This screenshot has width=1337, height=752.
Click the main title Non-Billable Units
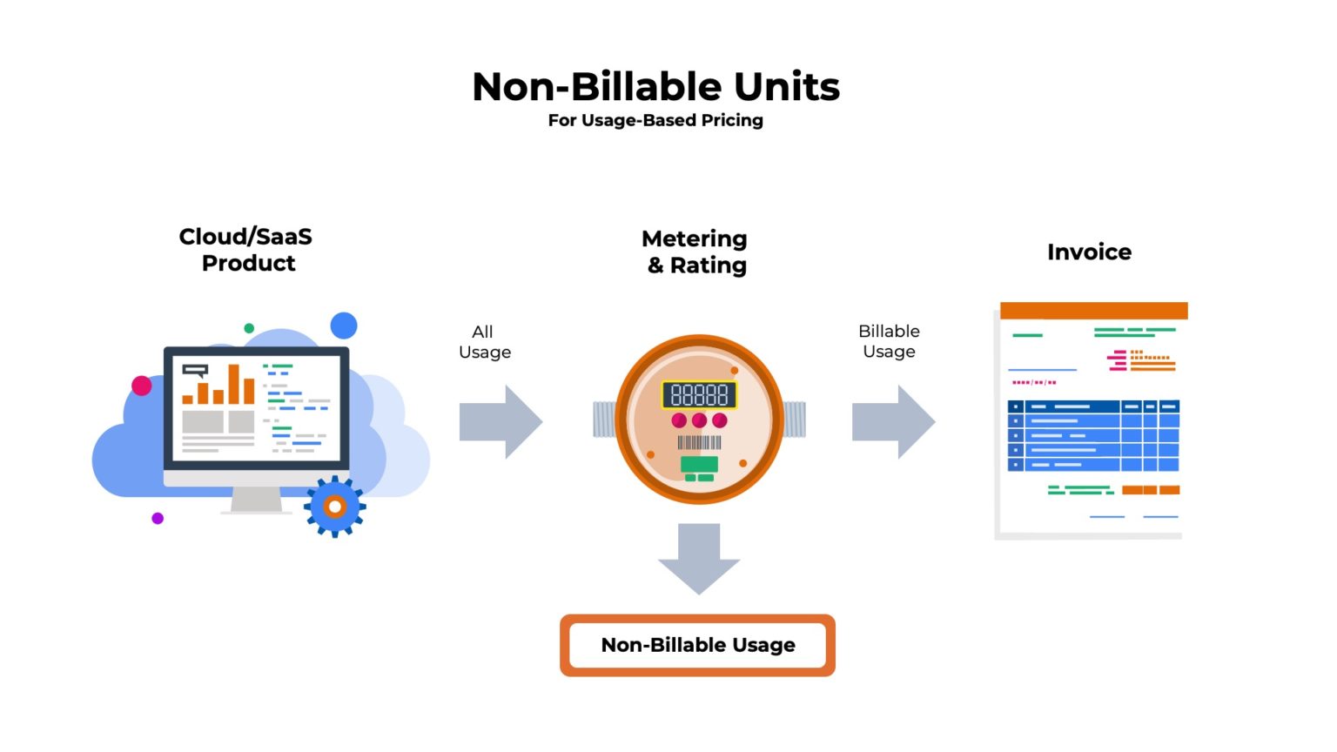coord(655,87)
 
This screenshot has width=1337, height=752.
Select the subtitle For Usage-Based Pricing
coord(655,120)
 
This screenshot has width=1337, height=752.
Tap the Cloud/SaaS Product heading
coord(246,250)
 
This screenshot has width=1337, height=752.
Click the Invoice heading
coord(1089,252)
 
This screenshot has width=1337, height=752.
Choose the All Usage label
coord(484,342)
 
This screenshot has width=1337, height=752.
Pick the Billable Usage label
coord(889,341)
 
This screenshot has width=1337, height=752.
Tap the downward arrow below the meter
coord(699,558)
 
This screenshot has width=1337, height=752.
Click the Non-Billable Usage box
coord(697,645)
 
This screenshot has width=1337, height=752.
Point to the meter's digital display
coord(699,395)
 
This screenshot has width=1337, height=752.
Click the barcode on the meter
coord(699,442)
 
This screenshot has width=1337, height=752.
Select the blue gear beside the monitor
coord(334,506)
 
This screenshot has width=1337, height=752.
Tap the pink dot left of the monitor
coord(142,385)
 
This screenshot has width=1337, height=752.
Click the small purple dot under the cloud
coord(158,518)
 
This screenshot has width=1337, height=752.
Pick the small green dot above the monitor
coord(249,328)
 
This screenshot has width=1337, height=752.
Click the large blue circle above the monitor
coord(344,326)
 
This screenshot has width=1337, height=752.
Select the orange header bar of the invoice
coord(1093,311)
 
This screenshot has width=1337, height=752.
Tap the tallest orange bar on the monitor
coord(233,384)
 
